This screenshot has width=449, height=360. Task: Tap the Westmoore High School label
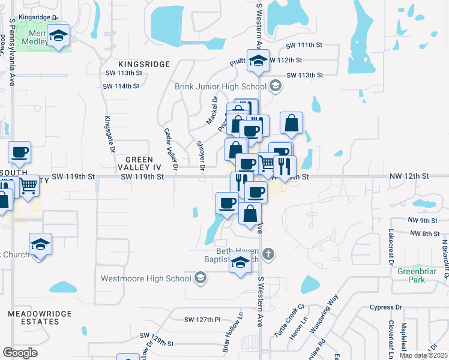pyautogui.click(x=146, y=278)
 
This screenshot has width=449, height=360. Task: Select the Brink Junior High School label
pyautogui.click(x=220, y=86)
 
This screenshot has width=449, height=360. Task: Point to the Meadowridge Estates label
pyautogui.click(x=40, y=317)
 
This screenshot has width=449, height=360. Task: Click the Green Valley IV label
pyautogui.click(x=140, y=164)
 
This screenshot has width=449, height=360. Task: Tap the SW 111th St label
pyautogui.click(x=304, y=46)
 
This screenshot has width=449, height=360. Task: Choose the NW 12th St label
pyautogui.click(x=409, y=176)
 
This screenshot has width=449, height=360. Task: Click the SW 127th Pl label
pyautogui.click(x=203, y=319)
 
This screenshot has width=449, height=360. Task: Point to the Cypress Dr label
pyautogui.click(x=386, y=307)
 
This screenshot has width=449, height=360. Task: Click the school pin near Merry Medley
pyautogui.click(x=59, y=36)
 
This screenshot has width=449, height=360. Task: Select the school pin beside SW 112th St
pyautogui.click(x=258, y=62)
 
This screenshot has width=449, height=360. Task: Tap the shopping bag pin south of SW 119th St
pyautogui.click(x=250, y=214)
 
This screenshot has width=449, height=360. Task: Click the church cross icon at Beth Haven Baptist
pyautogui.click(x=268, y=254)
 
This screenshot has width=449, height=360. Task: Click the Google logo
pyautogui.click(x=20, y=353)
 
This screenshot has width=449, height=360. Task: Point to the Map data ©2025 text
pyautogui.click(x=423, y=355)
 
